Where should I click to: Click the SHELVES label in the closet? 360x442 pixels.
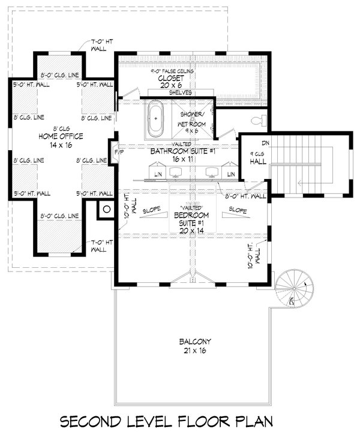tap(180, 92)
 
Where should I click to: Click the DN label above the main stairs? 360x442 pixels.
tap(265, 143)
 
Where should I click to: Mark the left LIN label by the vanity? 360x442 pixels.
tap(158, 174)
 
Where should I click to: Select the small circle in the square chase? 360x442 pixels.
tap(106, 210)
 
